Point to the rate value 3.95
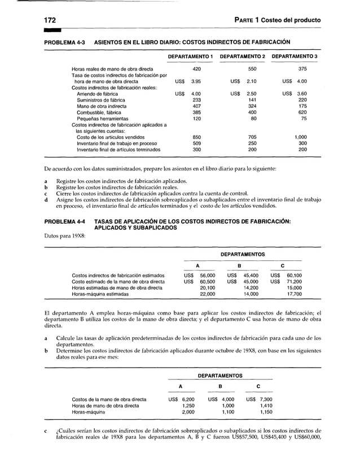click(x=196, y=81)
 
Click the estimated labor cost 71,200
click(x=294, y=281)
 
